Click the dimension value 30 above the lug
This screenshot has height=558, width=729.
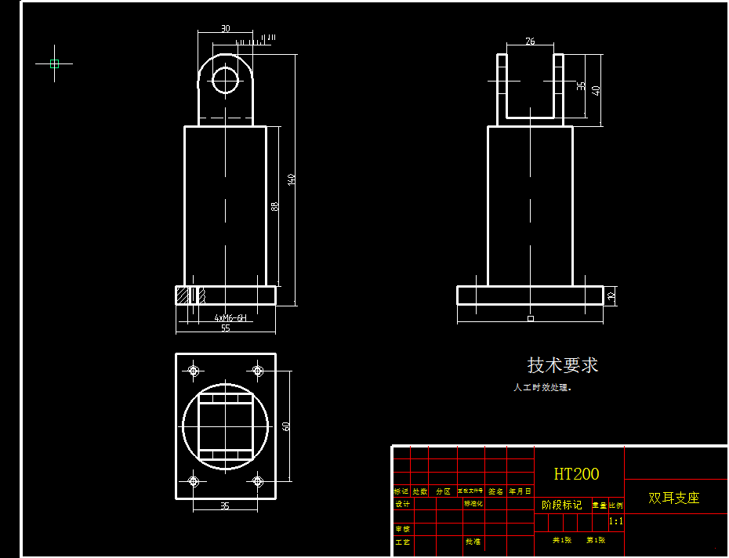(226, 29)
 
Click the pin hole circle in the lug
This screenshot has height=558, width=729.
(226, 80)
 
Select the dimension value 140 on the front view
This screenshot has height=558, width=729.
(292, 179)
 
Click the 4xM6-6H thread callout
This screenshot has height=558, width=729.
(230, 318)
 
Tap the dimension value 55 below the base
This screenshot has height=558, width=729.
(226, 328)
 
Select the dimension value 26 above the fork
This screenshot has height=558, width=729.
(531, 42)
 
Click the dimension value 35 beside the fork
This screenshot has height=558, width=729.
(581, 85)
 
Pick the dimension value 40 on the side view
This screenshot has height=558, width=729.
(597, 90)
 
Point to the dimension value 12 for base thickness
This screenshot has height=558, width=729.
(611, 295)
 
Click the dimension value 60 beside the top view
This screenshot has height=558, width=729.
(286, 426)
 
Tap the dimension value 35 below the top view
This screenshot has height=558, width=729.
(225, 506)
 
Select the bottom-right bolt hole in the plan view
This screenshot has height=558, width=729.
(257, 481)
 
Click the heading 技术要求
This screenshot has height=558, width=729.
(563, 365)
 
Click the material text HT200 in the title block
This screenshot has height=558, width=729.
(576, 474)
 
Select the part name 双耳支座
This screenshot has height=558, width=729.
(673, 498)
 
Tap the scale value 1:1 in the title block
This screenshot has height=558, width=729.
(616, 520)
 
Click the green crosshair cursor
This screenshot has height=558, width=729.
(54, 63)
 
